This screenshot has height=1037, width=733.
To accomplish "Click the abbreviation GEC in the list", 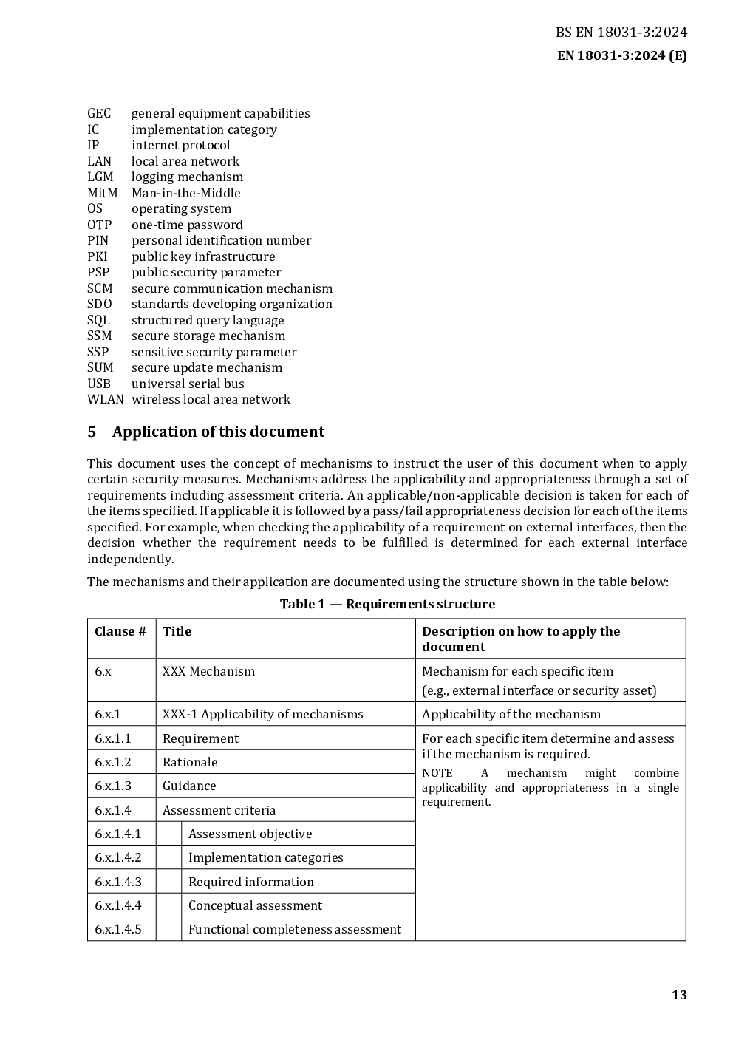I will point(99,113).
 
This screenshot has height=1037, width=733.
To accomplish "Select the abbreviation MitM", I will point(102,193).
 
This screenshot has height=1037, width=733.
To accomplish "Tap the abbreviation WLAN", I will point(105,399).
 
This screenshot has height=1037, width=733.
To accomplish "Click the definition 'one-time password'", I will point(187,225).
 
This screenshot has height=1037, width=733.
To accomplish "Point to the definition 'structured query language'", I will point(208,320).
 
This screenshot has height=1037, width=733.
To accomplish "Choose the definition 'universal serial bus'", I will point(188,384).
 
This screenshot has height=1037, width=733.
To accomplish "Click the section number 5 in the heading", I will point(92,432).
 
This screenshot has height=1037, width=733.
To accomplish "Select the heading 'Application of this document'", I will point(218,432).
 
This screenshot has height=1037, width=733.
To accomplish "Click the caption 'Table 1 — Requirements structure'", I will point(387,604).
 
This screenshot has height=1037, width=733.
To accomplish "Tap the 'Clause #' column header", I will point(120,631).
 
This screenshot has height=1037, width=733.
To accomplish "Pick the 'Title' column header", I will point(177,631).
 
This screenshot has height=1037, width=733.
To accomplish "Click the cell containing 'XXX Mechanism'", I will point(208,671).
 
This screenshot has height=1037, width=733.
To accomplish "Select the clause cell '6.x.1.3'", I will point(113,786).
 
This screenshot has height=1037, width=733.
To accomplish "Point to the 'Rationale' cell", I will point(190,762).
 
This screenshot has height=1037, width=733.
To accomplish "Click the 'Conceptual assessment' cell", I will point(255,905).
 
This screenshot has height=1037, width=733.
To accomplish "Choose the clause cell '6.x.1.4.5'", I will point(118,929).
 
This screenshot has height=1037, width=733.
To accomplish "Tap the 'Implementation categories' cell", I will point(265,857).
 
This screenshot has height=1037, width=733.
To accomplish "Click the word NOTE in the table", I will point(437,773).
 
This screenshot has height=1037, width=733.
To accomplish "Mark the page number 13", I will point(679,995).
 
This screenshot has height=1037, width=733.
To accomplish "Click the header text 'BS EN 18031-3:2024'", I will point(621,32).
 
